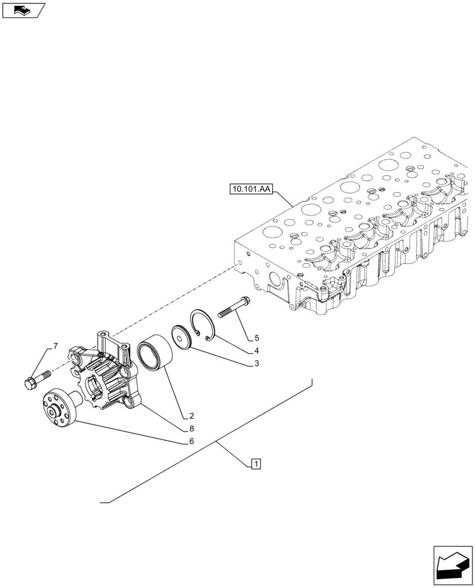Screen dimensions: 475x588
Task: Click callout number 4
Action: [x=257, y=352]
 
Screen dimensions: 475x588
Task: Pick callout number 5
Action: [x=257, y=338]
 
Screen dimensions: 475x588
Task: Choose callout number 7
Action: [x=55, y=345]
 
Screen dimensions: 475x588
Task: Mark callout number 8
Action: [x=191, y=429]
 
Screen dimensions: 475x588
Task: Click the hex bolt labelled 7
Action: [x=35, y=379]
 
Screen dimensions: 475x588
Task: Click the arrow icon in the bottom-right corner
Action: [x=453, y=567]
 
